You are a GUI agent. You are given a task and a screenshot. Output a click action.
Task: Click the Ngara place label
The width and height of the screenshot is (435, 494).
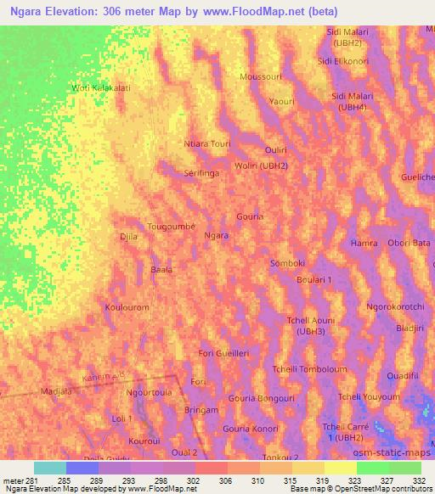click(217, 235)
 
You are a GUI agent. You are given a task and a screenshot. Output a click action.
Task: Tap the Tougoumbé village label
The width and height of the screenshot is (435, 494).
click(172, 227)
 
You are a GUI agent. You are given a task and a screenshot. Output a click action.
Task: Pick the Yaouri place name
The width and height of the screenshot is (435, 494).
click(280, 101)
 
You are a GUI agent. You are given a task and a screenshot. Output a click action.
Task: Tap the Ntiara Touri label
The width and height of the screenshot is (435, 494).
click(207, 143)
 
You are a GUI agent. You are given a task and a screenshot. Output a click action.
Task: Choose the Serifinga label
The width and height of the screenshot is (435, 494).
click(201, 171)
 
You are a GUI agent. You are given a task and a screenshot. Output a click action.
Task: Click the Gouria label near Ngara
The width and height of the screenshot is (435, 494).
click(250, 216)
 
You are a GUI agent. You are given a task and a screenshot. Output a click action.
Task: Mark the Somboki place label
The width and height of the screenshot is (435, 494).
click(287, 263)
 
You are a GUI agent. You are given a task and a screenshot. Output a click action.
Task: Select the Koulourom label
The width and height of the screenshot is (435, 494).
click(127, 306)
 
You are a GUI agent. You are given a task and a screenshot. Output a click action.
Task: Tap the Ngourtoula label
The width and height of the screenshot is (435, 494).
click(149, 393)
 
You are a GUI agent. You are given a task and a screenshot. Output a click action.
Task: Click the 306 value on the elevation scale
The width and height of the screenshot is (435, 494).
click(225, 480)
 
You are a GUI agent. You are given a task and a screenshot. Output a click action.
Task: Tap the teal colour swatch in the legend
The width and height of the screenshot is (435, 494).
click(49, 468)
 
